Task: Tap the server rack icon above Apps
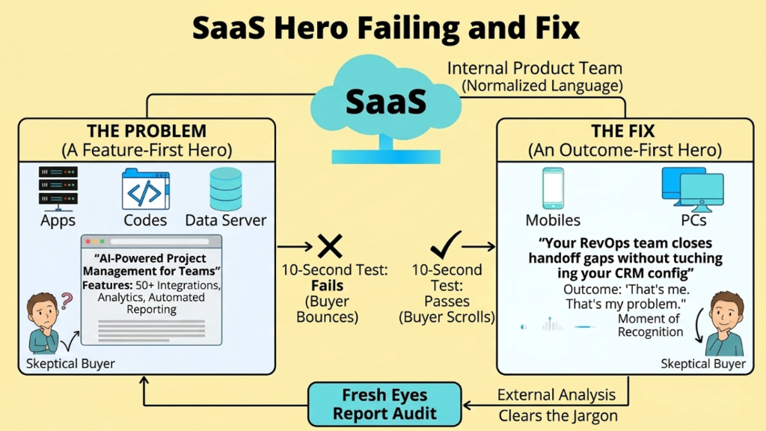click(58, 188)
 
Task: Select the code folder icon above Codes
click(146, 189)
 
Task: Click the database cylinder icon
click(226, 189)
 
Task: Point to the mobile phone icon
click(553, 189)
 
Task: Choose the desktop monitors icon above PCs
click(693, 189)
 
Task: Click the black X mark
click(330, 245)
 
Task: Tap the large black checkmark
click(446, 245)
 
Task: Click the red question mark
click(67, 301)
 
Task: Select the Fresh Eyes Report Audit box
click(384, 404)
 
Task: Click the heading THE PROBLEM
click(147, 131)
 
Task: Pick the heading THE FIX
click(623, 131)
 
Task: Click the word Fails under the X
click(328, 285)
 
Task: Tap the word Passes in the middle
click(447, 301)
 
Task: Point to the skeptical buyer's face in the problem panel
click(43, 312)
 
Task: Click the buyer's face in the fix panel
click(726, 313)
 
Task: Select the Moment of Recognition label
click(650, 325)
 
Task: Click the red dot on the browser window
click(88, 242)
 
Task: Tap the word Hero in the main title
click(312, 28)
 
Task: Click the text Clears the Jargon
click(558, 416)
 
